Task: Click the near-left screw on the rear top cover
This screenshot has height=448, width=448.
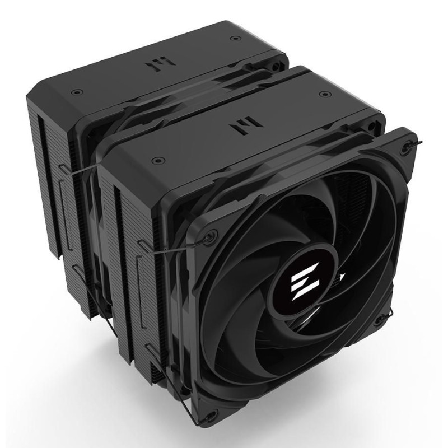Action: click(x=75, y=91)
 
